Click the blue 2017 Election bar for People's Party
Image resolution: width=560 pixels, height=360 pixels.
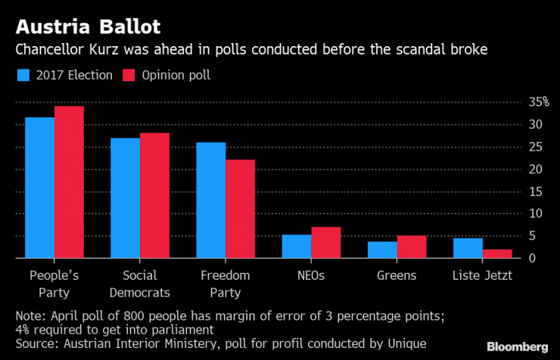39,188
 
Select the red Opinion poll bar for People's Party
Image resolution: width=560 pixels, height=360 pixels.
69,182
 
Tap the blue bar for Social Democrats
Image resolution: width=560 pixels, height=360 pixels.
126,198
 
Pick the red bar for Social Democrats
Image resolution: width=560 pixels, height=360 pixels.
154,196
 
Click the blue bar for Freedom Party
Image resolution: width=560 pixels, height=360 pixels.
211,200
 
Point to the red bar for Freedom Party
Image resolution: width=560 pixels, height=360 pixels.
240,209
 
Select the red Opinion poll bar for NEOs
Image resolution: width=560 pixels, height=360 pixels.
325,243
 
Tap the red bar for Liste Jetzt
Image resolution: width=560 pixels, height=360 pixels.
497,253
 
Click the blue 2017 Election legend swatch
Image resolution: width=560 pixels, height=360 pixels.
23,76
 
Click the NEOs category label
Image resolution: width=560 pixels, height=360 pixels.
311,276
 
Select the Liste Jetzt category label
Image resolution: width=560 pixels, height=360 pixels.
483,276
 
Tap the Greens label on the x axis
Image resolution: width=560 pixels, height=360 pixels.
397,276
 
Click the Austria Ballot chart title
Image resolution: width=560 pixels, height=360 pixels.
88,28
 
